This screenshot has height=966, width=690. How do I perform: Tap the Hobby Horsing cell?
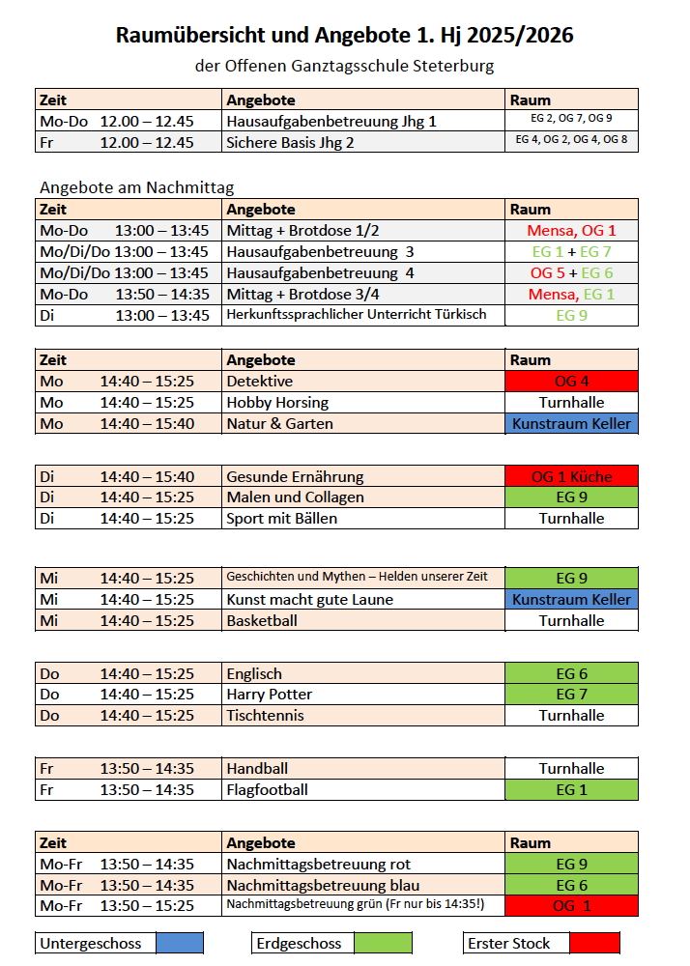coord(277,402)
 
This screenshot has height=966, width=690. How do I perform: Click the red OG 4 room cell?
coord(572,381)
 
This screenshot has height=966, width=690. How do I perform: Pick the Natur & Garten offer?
coord(279,423)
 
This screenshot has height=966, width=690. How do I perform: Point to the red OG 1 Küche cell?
coord(572,476)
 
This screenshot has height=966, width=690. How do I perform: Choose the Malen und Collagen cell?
coord(295,497)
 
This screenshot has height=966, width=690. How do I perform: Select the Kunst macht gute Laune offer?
coord(309,600)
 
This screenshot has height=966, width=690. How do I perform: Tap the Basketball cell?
coord(262,621)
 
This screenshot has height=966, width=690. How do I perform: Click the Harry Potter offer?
coord(269,695)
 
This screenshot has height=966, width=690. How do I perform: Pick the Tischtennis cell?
coord(265,716)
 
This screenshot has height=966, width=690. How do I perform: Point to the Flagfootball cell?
coord(267,790)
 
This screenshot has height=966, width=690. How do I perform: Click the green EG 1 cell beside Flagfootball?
coord(572,790)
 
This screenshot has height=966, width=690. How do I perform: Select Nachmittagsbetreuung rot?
coord(318,865)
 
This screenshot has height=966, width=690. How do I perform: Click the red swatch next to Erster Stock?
coord(594,944)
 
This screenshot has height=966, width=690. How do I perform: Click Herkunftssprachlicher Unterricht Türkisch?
coord(356,315)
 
